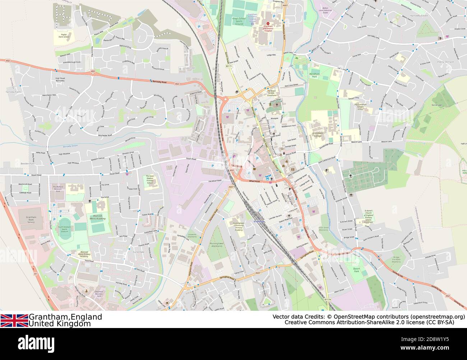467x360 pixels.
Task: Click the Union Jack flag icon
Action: [x=14, y=320]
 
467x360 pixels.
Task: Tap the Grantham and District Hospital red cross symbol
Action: [x=267, y=23]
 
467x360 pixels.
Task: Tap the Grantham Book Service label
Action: [x=26, y=220]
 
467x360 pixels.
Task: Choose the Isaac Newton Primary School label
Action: [x=150, y=180]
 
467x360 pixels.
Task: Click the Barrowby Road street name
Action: [x=159, y=82]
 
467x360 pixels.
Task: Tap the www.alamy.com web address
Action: [x=438, y=348]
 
